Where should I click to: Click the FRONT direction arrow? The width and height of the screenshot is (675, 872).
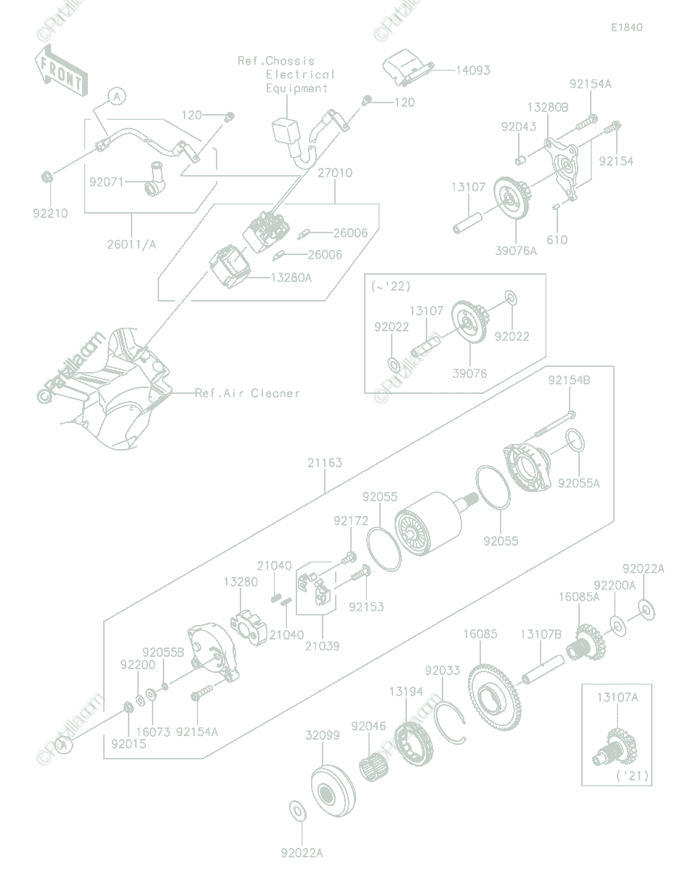coord(60,71)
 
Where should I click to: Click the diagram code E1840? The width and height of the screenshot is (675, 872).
coord(626,28)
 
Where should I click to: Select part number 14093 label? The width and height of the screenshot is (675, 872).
coord(473,70)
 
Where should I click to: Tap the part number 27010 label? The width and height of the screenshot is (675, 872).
coord(335,173)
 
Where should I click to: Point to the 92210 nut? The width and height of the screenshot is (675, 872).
coord(47,176)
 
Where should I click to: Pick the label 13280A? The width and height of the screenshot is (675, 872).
coord(291,278)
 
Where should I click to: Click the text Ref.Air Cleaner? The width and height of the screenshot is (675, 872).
coord(247,393)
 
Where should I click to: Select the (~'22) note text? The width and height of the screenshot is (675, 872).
coord(391,286)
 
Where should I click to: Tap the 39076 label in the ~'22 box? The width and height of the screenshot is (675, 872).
coord(469,374)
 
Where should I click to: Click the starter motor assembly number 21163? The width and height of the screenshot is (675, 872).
coord(325,463)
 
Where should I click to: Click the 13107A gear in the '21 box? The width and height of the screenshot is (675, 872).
coord(615,746)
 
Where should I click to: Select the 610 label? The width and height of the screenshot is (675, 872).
coord(557,240)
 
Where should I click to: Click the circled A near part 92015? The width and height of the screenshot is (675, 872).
coord(63,746)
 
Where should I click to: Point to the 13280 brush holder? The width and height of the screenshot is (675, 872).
coord(248,628)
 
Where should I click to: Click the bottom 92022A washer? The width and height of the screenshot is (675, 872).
coord(297,812)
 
